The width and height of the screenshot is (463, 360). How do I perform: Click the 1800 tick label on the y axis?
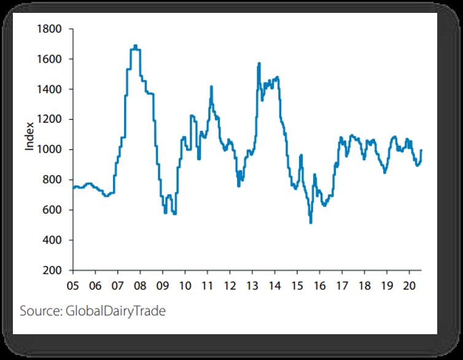tap(50, 29)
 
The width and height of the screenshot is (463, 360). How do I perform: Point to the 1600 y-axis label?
tap(50, 59)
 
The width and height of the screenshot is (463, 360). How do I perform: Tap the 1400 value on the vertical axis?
tap(50, 89)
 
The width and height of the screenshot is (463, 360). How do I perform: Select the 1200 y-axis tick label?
tap(50, 119)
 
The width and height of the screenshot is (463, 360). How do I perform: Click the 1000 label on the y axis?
tap(50, 149)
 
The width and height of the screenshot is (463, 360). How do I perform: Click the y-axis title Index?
tap(29, 138)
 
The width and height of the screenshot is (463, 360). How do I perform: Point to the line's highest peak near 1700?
tap(135, 45)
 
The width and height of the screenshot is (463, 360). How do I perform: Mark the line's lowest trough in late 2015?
tap(311, 222)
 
